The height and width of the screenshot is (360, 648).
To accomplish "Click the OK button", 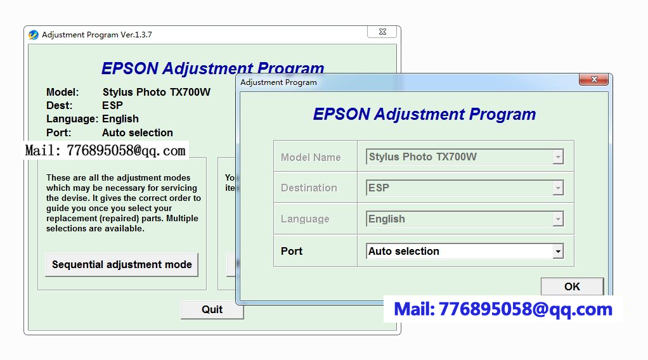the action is coord(573,286).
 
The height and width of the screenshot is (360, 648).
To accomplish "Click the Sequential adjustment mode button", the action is coord(122,264).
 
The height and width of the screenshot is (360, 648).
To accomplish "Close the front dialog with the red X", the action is coord(594,79).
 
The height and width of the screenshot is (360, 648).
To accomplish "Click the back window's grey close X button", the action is coord(382,32).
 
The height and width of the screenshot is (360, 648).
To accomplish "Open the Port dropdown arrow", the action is coord(558,251).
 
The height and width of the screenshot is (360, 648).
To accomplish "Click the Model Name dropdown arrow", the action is coord(558,157).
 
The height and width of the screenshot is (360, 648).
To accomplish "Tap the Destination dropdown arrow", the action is coord(558,188).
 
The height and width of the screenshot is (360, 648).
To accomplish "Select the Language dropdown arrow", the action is coord(558,219).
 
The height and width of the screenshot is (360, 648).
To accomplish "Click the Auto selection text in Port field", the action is coord(404,251).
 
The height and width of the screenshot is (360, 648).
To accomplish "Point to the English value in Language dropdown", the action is coord(386,219).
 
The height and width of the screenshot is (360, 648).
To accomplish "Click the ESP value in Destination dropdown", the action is coord(379,188).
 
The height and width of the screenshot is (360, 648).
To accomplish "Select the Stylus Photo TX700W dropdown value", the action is coord(423,157).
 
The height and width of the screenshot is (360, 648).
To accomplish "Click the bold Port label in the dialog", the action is coord(292,251).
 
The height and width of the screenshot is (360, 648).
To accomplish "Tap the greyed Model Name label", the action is coord(311,157).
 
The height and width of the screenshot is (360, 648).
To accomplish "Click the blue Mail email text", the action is coord(503,309).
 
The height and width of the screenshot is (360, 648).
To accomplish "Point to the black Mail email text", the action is coord(105,150).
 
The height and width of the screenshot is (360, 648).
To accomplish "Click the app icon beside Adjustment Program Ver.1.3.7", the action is coord(34,35).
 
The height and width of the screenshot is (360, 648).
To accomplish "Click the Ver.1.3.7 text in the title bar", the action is coord(136,35).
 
